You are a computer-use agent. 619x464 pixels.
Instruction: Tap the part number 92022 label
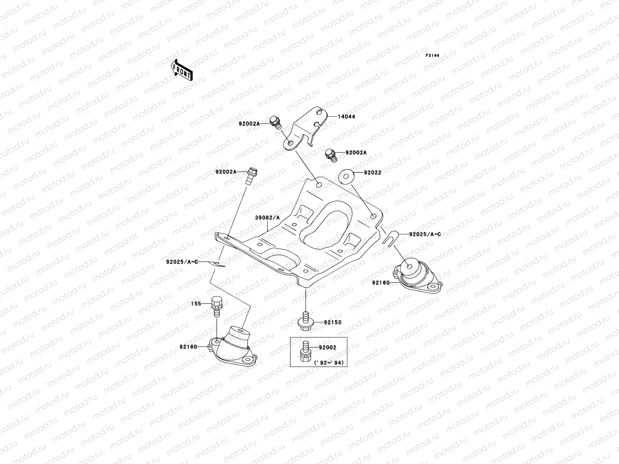tap(372, 173)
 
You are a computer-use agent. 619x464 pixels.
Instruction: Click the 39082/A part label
tap(267, 218)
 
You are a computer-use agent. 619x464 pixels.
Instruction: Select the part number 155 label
tap(196, 304)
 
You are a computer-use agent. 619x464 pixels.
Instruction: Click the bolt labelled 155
tap(217, 305)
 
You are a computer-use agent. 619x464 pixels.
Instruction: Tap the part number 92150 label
tap(333, 322)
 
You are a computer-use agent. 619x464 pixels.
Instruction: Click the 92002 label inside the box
tap(327, 348)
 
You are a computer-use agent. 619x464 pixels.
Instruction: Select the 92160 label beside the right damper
tap(381, 283)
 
